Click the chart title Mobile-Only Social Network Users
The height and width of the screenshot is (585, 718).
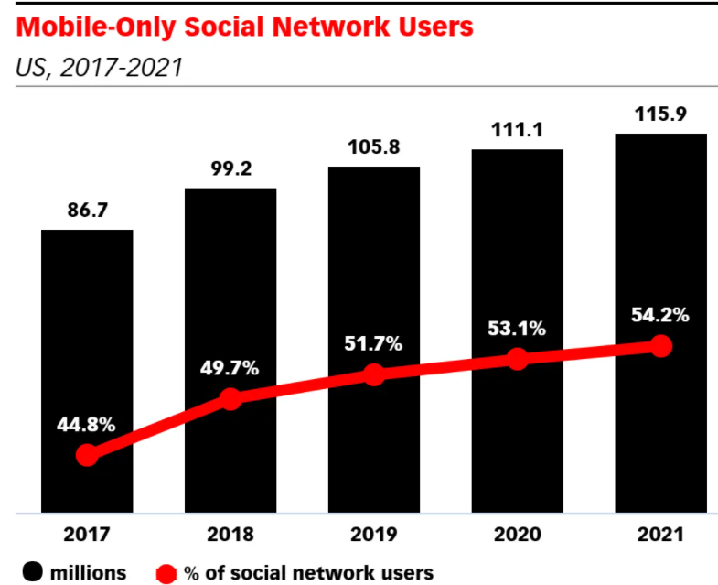click(245, 27)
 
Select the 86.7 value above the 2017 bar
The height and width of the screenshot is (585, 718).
click(87, 210)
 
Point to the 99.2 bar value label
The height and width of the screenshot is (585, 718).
click(230, 169)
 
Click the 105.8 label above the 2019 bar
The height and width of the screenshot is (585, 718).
click(373, 147)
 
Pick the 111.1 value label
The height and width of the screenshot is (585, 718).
click(517, 130)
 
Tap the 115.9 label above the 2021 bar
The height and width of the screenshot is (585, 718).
click(660, 114)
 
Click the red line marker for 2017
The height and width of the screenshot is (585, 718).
click(87, 455)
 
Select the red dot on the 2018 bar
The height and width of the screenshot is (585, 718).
click(230, 398)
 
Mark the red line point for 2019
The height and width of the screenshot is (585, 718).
click(373, 374)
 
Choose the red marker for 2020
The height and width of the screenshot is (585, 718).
click(517, 359)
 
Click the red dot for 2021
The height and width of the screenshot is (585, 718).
click(660, 346)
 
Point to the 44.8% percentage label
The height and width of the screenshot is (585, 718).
click(87, 425)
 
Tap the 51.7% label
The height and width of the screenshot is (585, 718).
click(373, 344)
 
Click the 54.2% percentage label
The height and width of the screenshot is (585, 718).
click(660, 316)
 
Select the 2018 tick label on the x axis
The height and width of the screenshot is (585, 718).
click(230, 534)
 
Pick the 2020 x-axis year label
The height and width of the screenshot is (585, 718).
click(517, 534)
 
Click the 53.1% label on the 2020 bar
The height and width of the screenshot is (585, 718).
click(517, 328)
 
